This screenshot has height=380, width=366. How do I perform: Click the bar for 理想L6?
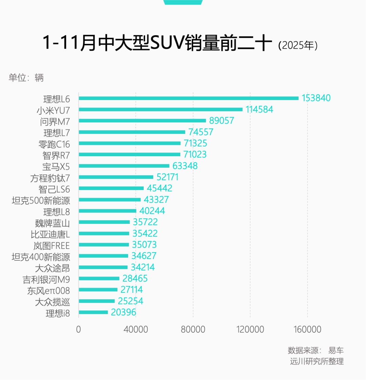(188, 98)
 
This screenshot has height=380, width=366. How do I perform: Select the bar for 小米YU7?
(161, 110)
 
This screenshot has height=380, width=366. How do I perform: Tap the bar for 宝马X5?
(124, 166)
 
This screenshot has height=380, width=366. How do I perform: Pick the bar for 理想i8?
(93, 312)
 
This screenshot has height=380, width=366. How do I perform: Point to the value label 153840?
(316, 98)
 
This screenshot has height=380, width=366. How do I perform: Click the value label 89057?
(222, 121)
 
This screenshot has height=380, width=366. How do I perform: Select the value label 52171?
(167, 177)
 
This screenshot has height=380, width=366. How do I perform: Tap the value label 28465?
(135, 279)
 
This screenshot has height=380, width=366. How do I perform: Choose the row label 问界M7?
(55, 122)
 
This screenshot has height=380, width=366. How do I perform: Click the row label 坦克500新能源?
(41, 200)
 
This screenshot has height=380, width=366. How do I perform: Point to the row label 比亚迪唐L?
(50, 234)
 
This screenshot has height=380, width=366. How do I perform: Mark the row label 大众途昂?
(53, 268)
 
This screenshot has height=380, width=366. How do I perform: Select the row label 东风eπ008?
(48, 291)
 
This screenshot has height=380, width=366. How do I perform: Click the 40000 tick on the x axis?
(136, 329)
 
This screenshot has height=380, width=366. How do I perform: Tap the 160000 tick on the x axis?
(307, 329)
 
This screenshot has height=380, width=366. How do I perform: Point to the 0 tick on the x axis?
(79, 329)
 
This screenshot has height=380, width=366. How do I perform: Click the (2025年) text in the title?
(298, 45)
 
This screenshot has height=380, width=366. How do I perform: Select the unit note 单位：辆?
(26, 78)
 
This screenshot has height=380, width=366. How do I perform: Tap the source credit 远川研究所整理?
(317, 361)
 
